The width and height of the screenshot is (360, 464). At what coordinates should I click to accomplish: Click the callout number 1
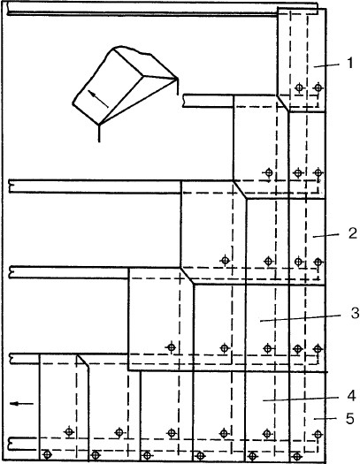pyautogui.click(x=350, y=63)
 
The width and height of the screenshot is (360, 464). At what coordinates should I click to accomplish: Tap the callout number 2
pyautogui.click(x=352, y=233)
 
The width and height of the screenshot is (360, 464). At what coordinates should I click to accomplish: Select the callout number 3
pyautogui.click(x=355, y=313)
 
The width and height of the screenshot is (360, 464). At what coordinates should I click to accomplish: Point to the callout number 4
pyautogui.click(x=351, y=396)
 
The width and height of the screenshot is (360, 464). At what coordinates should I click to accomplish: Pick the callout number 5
pyautogui.click(x=349, y=418)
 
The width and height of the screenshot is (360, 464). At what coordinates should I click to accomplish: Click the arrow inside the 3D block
pyautogui.click(x=98, y=99)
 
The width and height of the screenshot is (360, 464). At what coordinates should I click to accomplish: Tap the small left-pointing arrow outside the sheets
pyautogui.click(x=21, y=403)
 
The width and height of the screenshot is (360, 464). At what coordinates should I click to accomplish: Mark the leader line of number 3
pyautogui.click(x=300, y=318)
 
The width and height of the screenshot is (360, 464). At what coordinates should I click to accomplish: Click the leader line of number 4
pyautogui.click(x=301, y=399)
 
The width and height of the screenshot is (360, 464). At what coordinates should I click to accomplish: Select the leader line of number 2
pyautogui.click(x=326, y=236)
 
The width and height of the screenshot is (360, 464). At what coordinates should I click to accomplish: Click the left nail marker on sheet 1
pyautogui.click(x=299, y=87)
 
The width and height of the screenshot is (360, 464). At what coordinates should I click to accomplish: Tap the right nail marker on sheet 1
pyautogui.click(x=318, y=87)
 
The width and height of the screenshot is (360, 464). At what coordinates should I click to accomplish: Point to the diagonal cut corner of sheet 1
pyautogui.click(x=283, y=103)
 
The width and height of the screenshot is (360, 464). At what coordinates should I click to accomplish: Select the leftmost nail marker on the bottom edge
pyautogui.click(x=48, y=454)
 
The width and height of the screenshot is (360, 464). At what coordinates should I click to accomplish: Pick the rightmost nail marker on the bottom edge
pyautogui.click(x=297, y=456)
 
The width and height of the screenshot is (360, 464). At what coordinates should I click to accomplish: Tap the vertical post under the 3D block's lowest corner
pyautogui.click(x=99, y=133)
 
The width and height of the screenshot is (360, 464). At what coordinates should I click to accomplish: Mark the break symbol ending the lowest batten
pyautogui.click(x=11, y=444)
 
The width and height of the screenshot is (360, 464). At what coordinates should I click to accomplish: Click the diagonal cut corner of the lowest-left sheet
pyautogui.click(x=82, y=361)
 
